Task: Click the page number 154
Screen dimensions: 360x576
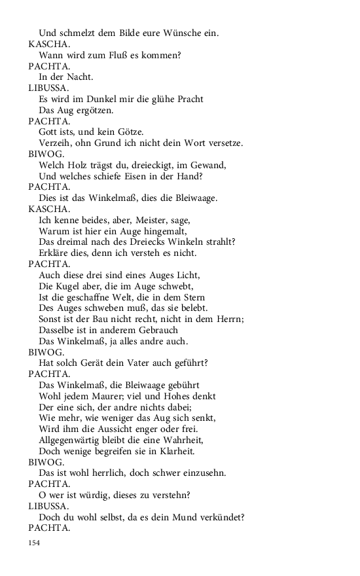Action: pos(35,543)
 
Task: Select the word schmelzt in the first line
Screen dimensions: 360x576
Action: pos(79,33)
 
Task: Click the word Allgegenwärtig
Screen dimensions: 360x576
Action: pos(71,440)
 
